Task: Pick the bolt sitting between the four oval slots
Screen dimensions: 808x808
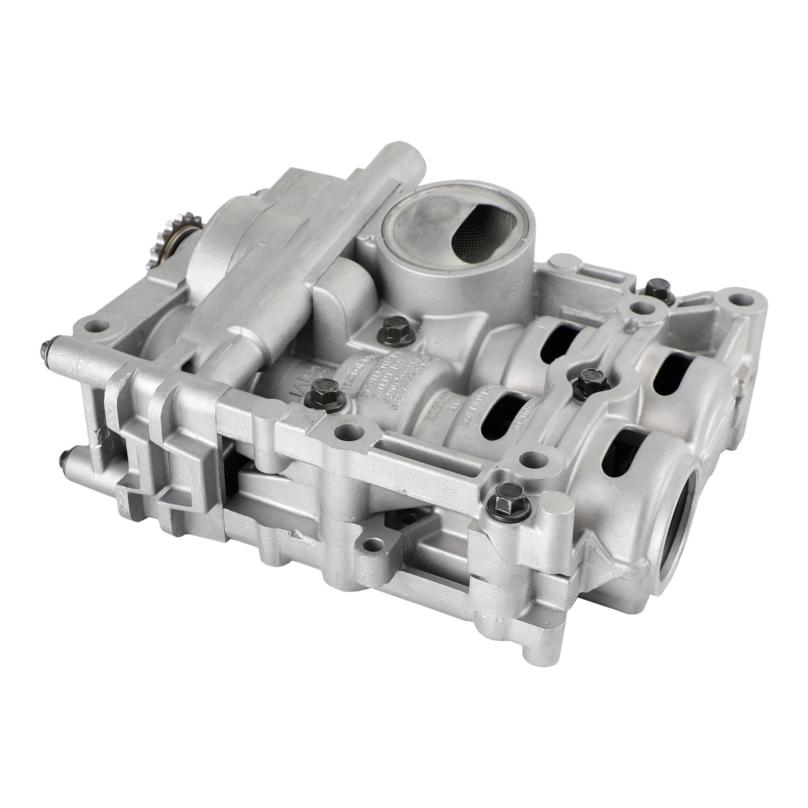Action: pyautogui.click(x=588, y=376)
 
